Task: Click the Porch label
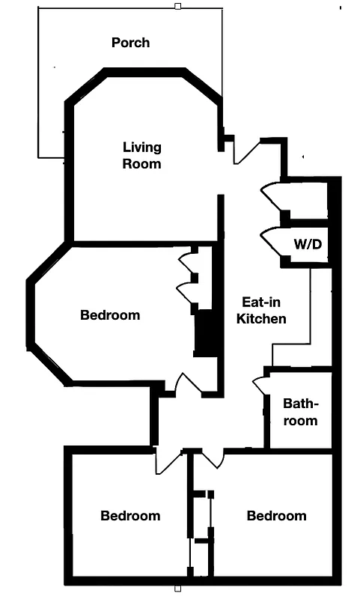coord(130,43)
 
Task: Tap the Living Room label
coord(142,155)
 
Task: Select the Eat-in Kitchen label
coord(261,311)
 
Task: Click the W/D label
coord(308,244)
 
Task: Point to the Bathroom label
coord(300,412)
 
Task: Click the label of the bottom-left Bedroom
coord(130,516)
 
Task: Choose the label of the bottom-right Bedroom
coord(276,516)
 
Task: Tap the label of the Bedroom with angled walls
coord(110,315)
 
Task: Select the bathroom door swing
coord(260,383)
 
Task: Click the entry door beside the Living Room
coord(246,150)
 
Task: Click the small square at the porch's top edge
coord(177,7)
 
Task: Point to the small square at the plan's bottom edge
coord(177,589)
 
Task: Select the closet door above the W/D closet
coord(272,196)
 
